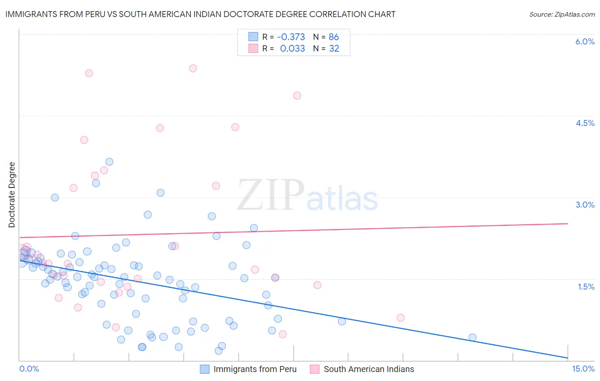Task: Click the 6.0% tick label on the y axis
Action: coord(585,41)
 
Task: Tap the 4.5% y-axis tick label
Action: coord(585,123)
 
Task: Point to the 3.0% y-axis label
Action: coord(585,205)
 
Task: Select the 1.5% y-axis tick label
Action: coord(586,287)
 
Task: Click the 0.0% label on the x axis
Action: coord(29,369)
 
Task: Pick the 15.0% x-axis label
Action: coord(583,369)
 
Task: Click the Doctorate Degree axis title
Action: coord(12,195)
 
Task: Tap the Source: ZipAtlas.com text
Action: coord(562,15)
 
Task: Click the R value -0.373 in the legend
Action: coord(291,37)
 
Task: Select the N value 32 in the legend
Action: coord(334,49)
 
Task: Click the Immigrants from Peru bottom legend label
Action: coord(255,369)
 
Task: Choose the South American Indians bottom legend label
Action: coord(369,369)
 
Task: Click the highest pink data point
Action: coord(193,68)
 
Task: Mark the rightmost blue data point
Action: coord(472,337)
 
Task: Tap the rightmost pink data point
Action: coord(400,317)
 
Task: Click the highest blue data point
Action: coord(109,161)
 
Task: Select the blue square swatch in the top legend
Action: coord(253,37)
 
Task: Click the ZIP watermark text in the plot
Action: coord(271,196)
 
